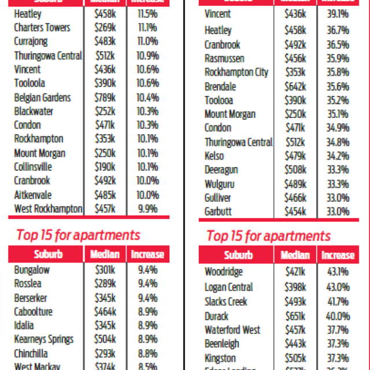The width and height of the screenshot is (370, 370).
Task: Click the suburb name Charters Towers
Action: tap(42, 27)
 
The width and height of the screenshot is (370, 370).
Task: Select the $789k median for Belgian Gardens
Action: tap(105, 97)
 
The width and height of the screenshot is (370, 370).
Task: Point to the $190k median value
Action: tap(105, 167)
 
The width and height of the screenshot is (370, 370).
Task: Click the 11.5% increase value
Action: tap(147, 13)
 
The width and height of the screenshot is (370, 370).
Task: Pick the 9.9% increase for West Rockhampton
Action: tap(147, 209)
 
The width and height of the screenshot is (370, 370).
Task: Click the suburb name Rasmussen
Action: tap(224, 58)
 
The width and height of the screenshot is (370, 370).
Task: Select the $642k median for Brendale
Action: tap(295, 86)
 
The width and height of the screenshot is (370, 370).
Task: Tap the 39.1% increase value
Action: tap(337, 14)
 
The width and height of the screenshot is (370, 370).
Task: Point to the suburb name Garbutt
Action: tap(218, 212)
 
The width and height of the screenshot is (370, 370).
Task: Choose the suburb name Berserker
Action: tap(31, 298)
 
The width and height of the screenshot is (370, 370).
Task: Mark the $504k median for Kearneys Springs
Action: tap(105, 339)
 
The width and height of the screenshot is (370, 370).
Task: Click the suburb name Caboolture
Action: tap(34, 312)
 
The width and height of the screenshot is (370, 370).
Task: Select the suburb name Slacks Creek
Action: tap(225, 302)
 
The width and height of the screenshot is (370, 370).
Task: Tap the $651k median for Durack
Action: tap(295, 316)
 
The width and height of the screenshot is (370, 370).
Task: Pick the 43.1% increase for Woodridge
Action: tap(337, 272)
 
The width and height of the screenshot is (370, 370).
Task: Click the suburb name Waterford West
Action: tap(232, 330)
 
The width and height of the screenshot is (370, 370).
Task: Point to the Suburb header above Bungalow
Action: tap(47, 254)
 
